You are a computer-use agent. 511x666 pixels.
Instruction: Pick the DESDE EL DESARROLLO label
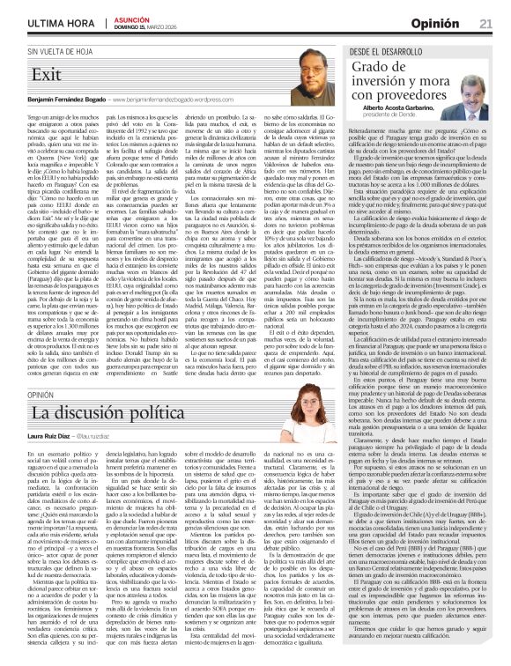[386, 53]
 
